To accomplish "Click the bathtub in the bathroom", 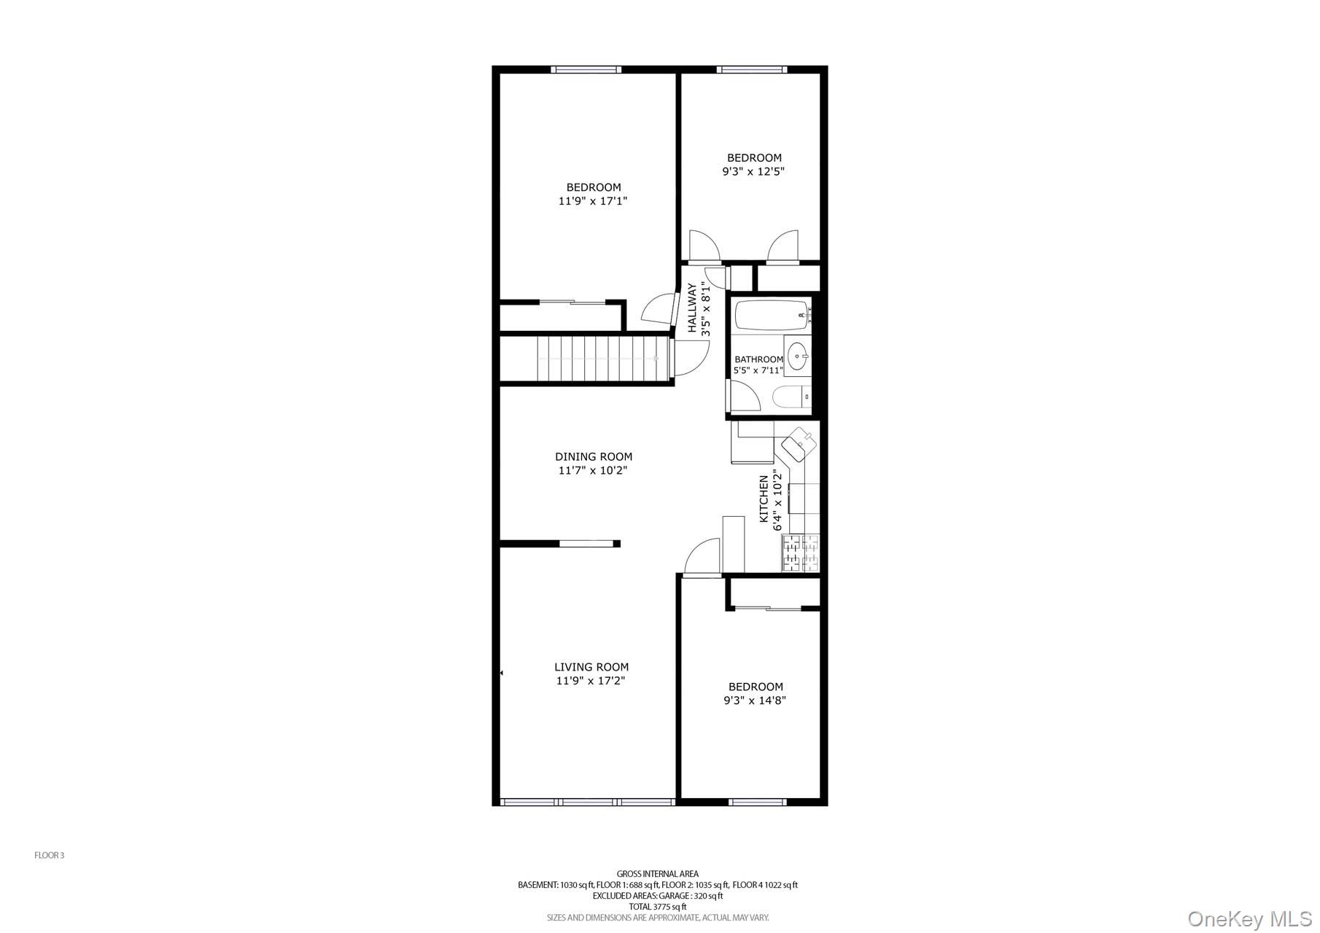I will (772, 316).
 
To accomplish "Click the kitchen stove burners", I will (800, 553).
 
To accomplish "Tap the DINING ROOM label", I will (594, 457).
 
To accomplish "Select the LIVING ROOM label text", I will (591, 667).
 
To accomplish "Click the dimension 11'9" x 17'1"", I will (593, 201).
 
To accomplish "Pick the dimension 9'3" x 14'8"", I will (755, 700).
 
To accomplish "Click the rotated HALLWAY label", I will (692, 308).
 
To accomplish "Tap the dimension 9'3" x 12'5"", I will (753, 172).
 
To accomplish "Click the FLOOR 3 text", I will (50, 856).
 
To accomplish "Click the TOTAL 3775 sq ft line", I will (657, 907).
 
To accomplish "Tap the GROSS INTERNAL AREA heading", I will (657, 874).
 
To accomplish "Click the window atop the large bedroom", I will (586, 70).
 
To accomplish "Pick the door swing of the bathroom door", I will (744, 396).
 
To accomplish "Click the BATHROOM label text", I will (758, 359).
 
